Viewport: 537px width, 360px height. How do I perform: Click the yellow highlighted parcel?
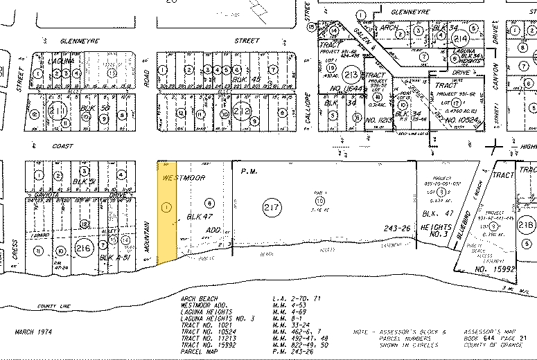point(166,211)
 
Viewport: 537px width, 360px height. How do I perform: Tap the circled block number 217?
point(271,207)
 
